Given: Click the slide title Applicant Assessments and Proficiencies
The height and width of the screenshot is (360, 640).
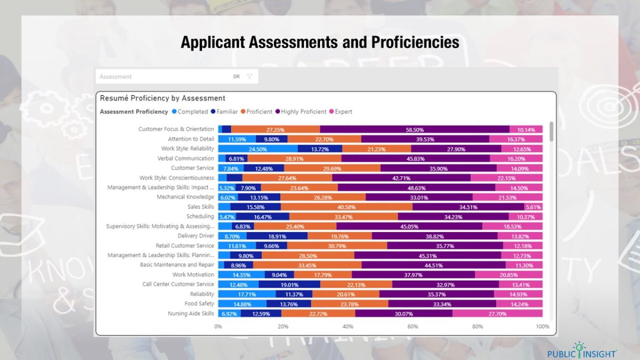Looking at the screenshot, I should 319,42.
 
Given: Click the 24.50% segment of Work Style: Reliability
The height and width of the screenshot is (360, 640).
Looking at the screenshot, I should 258,149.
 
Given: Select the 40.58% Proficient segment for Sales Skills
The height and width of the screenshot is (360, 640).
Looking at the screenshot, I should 346,207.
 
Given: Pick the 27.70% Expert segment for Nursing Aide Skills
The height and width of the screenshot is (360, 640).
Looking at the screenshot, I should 497,314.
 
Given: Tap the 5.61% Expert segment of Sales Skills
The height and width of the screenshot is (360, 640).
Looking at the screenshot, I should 533,207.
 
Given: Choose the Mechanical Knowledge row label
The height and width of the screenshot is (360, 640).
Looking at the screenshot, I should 185,197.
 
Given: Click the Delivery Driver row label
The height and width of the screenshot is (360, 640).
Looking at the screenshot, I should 196,236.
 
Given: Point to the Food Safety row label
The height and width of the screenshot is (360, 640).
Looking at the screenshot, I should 199,304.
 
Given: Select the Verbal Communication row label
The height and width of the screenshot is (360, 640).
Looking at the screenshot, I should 186,158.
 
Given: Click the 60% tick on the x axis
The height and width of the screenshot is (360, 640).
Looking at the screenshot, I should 413,326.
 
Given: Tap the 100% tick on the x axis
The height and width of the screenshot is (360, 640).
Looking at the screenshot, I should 542,326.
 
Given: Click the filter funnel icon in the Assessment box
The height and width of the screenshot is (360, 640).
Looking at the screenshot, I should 250,76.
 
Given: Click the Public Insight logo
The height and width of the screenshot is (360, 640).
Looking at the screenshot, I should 581,350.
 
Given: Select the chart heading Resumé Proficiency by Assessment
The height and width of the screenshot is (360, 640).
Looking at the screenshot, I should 163,98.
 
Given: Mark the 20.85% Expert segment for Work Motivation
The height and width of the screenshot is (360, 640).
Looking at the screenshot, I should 508,275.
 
